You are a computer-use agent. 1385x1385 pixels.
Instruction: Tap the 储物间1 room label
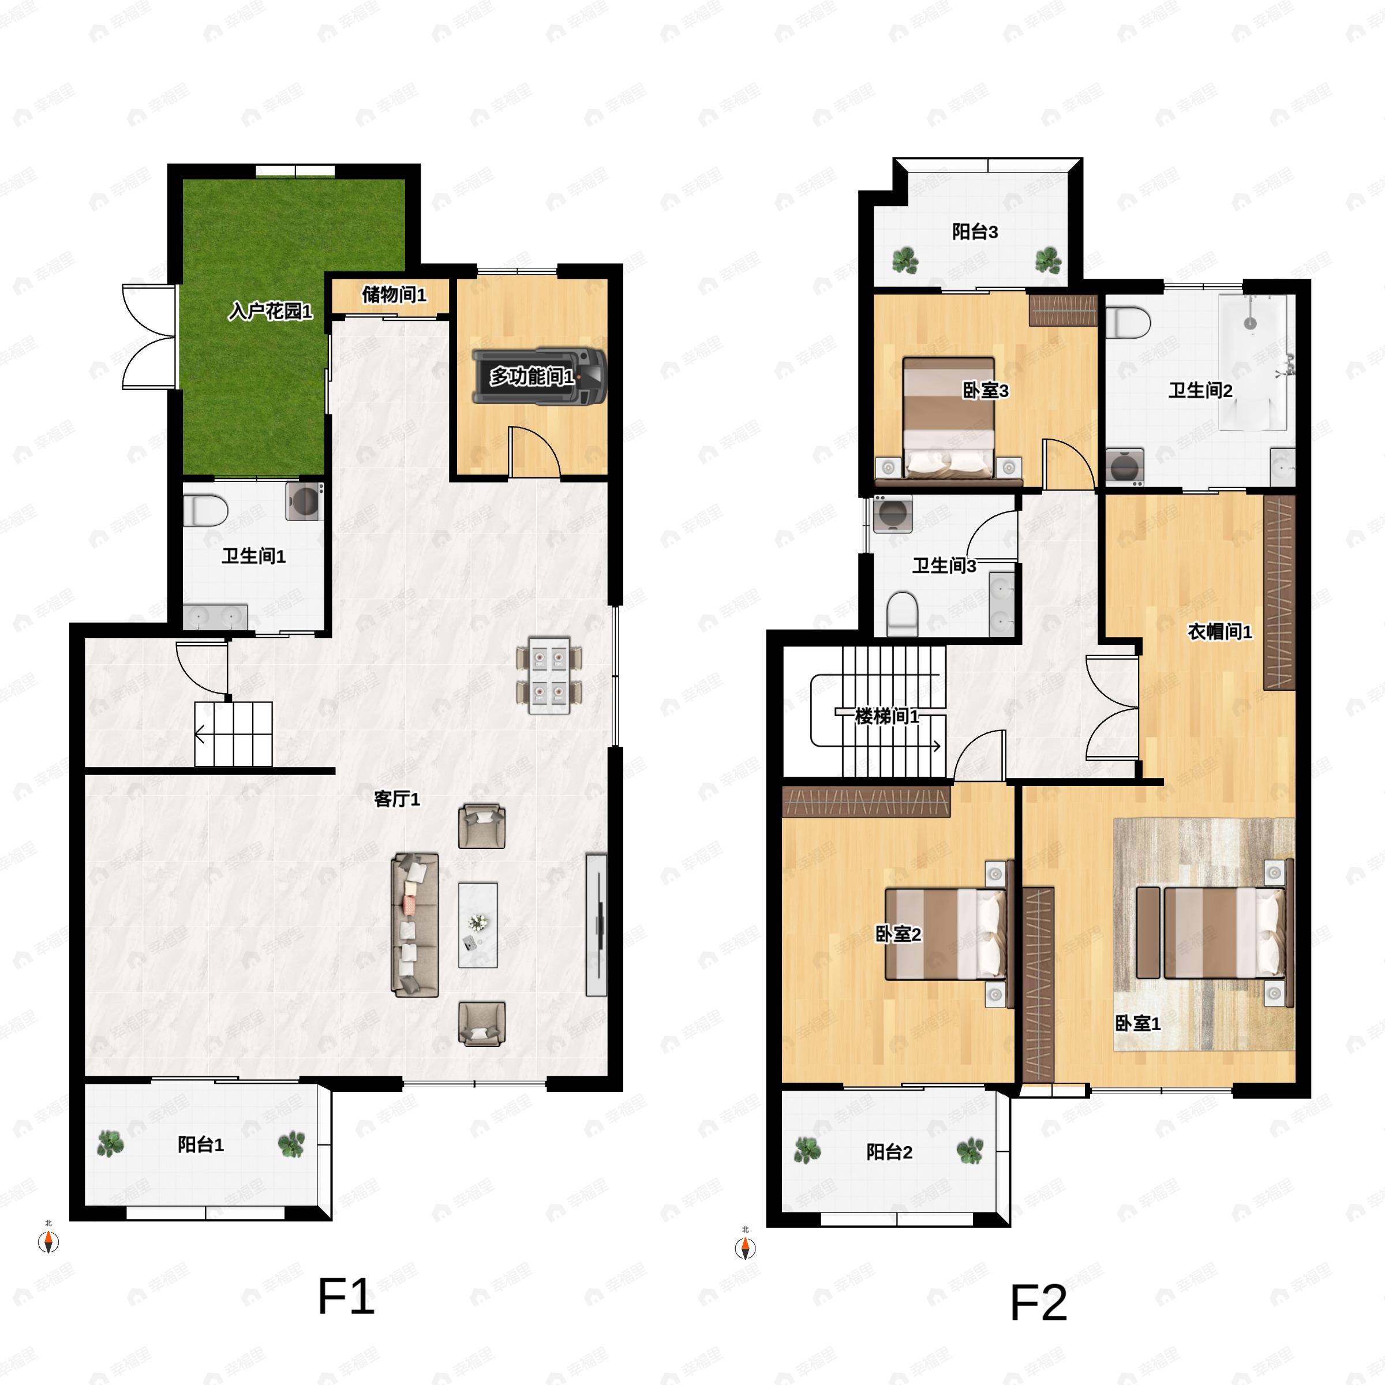(394, 295)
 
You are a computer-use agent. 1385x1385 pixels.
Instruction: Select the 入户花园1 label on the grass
(270, 311)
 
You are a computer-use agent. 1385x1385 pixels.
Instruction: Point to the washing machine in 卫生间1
(305, 500)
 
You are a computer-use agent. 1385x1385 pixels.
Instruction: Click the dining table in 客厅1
(549, 675)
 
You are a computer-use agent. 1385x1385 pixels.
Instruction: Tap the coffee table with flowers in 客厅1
(478, 924)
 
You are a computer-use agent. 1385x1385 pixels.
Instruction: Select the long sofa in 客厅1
(414, 924)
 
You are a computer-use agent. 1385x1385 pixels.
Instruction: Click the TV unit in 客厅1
(597, 924)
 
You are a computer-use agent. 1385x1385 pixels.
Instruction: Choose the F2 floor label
(1038, 1302)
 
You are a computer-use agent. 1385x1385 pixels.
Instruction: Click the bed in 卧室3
(948, 418)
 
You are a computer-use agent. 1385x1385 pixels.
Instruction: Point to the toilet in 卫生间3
(903, 613)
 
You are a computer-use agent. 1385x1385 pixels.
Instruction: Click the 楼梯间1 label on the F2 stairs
(887, 716)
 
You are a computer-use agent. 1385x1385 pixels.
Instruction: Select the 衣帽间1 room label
(1219, 631)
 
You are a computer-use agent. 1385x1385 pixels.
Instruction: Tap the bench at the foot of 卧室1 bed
(1148, 932)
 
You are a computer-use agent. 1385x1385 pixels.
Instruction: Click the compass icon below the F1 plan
(48, 1241)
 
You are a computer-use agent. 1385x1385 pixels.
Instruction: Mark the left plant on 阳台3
(905, 260)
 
